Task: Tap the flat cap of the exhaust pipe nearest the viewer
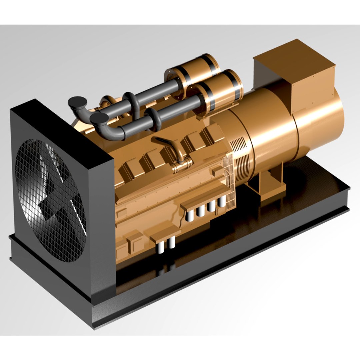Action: click(x=99, y=117)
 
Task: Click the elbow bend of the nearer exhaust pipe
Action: click(x=110, y=132)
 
